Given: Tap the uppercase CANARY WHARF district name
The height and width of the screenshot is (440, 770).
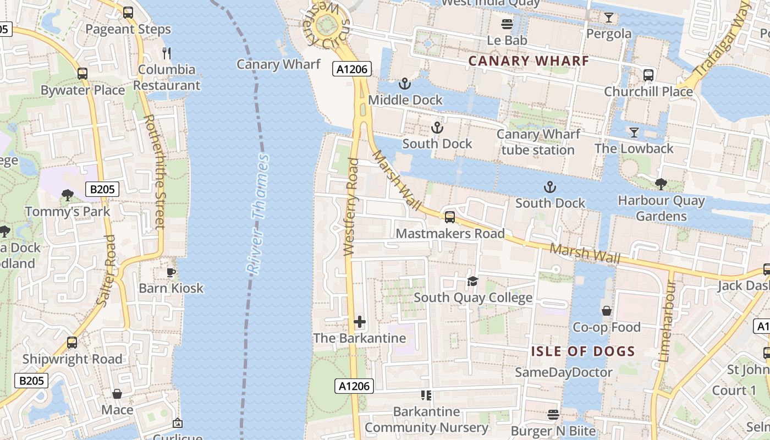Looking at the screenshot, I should pos(529,61).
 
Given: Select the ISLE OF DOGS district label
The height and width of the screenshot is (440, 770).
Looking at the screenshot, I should pos(583,351).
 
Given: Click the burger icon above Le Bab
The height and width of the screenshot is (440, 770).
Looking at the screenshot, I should pos(507,25).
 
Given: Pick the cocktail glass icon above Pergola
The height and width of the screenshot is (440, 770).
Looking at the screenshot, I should pos(608,18).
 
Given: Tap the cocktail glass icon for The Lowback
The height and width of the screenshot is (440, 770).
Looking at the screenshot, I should pos(634,133).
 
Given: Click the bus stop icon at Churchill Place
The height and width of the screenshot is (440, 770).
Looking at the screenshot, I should pos(648,75).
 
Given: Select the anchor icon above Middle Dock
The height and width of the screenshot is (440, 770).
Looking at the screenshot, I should pos(405,84).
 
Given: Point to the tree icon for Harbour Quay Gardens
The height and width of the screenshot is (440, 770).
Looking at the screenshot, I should pos(661,184).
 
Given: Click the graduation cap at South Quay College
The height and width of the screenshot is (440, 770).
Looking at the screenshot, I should pos(472,282).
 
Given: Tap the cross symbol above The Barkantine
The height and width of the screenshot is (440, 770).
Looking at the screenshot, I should pos(360,322).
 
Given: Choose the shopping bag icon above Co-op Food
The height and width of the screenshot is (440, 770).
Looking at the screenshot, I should pos(607,311).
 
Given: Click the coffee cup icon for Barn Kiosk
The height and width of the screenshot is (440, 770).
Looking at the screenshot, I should pos(171,272).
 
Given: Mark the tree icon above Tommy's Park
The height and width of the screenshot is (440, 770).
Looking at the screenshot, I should pos(68,195).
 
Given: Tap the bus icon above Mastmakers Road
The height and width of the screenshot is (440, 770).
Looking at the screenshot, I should pos(450,217).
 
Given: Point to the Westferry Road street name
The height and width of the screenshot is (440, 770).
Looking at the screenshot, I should pos(351,207).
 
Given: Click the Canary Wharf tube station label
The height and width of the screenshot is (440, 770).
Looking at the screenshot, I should pos(538,142).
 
